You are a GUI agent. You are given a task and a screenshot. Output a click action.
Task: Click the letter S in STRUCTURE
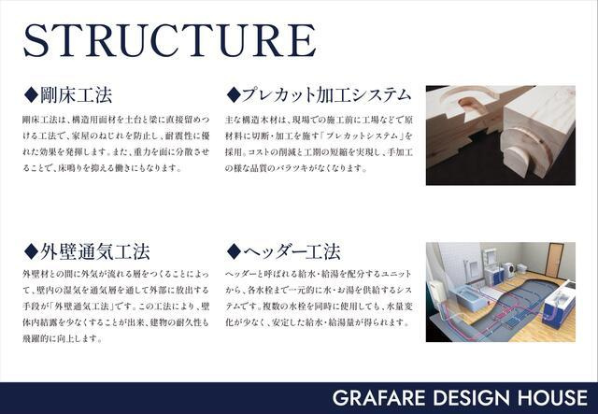[x=36, y=40]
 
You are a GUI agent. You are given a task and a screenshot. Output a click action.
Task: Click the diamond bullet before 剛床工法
[x=31, y=94]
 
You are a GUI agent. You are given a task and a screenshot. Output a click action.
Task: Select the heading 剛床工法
[x=77, y=95]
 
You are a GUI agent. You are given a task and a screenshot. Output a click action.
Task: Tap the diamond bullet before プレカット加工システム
[x=234, y=94]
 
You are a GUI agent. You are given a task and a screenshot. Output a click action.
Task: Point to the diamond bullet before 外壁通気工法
[x=31, y=251]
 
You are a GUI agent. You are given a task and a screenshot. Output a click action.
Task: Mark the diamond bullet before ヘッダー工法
[x=234, y=251]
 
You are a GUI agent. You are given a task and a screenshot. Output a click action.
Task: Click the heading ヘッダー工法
[x=292, y=251]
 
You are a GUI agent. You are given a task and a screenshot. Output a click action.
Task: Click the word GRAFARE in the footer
[x=378, y=398]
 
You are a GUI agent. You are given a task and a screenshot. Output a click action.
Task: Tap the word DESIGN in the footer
[x=472, y=398]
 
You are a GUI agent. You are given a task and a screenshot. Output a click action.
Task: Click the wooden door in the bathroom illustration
[x=555, y=260]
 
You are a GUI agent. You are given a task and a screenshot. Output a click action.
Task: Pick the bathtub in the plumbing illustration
[x=469, y=297]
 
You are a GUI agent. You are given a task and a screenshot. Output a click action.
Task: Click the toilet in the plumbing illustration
[x=521, y=268]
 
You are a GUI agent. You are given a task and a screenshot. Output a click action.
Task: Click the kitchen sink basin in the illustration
[x=559, y=297]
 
